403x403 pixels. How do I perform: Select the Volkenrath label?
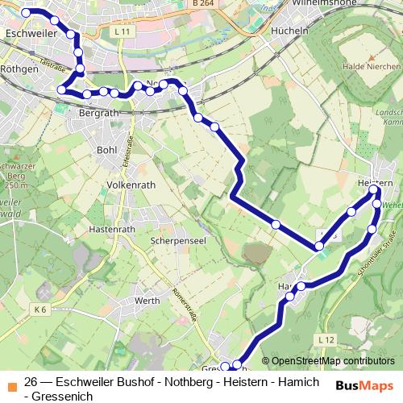point(131,185)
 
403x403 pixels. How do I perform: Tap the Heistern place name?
point(374,185)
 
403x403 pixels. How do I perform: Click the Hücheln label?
point(290,31)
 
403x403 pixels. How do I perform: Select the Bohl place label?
point(106,149)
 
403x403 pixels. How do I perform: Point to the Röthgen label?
point(20,70)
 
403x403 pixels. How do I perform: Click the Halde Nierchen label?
point(371,67)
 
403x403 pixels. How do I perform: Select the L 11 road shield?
point(123,31)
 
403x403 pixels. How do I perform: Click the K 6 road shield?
point(41,309)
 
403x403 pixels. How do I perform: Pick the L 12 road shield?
point(326,339)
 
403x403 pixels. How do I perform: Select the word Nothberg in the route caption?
point(175,382)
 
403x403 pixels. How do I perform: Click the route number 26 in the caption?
point(31,382)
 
